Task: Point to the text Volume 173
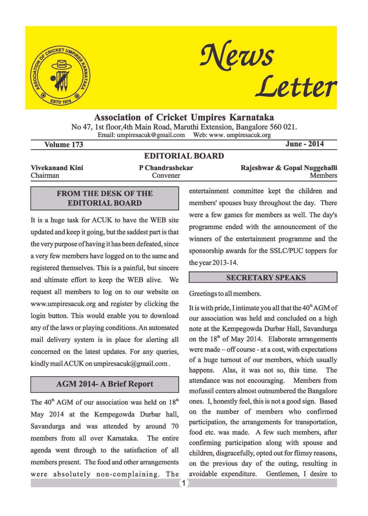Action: (63, 145)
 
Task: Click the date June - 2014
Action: (305, 144)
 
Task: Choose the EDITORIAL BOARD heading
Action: (184, 156)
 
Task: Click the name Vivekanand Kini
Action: (57, 168)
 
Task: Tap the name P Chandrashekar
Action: (166, 168)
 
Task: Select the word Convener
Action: (166, 175)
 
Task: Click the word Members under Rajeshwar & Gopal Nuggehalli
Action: (323, 175)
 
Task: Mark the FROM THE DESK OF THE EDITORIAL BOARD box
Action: (105, 198)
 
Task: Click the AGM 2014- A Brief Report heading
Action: (105, 384)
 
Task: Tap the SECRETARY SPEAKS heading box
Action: (263, 278)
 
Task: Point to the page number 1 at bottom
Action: (183, 483)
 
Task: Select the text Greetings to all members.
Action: (225, 294)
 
